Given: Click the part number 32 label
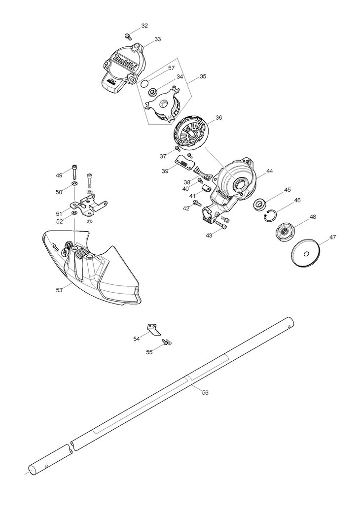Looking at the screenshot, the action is coord(144,25).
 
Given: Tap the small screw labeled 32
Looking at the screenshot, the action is coord(128,35).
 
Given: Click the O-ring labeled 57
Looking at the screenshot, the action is coord(144,82).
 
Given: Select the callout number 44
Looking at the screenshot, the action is coord(269,171).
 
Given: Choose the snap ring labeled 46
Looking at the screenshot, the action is coord(271,215).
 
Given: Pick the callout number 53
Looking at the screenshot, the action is coord(59,290).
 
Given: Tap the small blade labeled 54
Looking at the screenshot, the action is coord(154,329).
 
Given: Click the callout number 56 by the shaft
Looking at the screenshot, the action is coord(205,392).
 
